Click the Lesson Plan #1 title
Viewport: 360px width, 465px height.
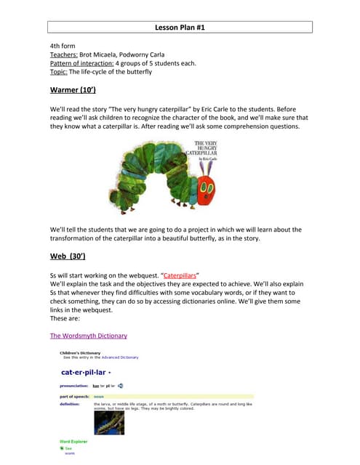180,28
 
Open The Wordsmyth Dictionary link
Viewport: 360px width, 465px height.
88,336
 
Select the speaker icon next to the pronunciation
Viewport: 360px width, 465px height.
121,385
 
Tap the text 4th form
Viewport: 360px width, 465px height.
63,46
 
